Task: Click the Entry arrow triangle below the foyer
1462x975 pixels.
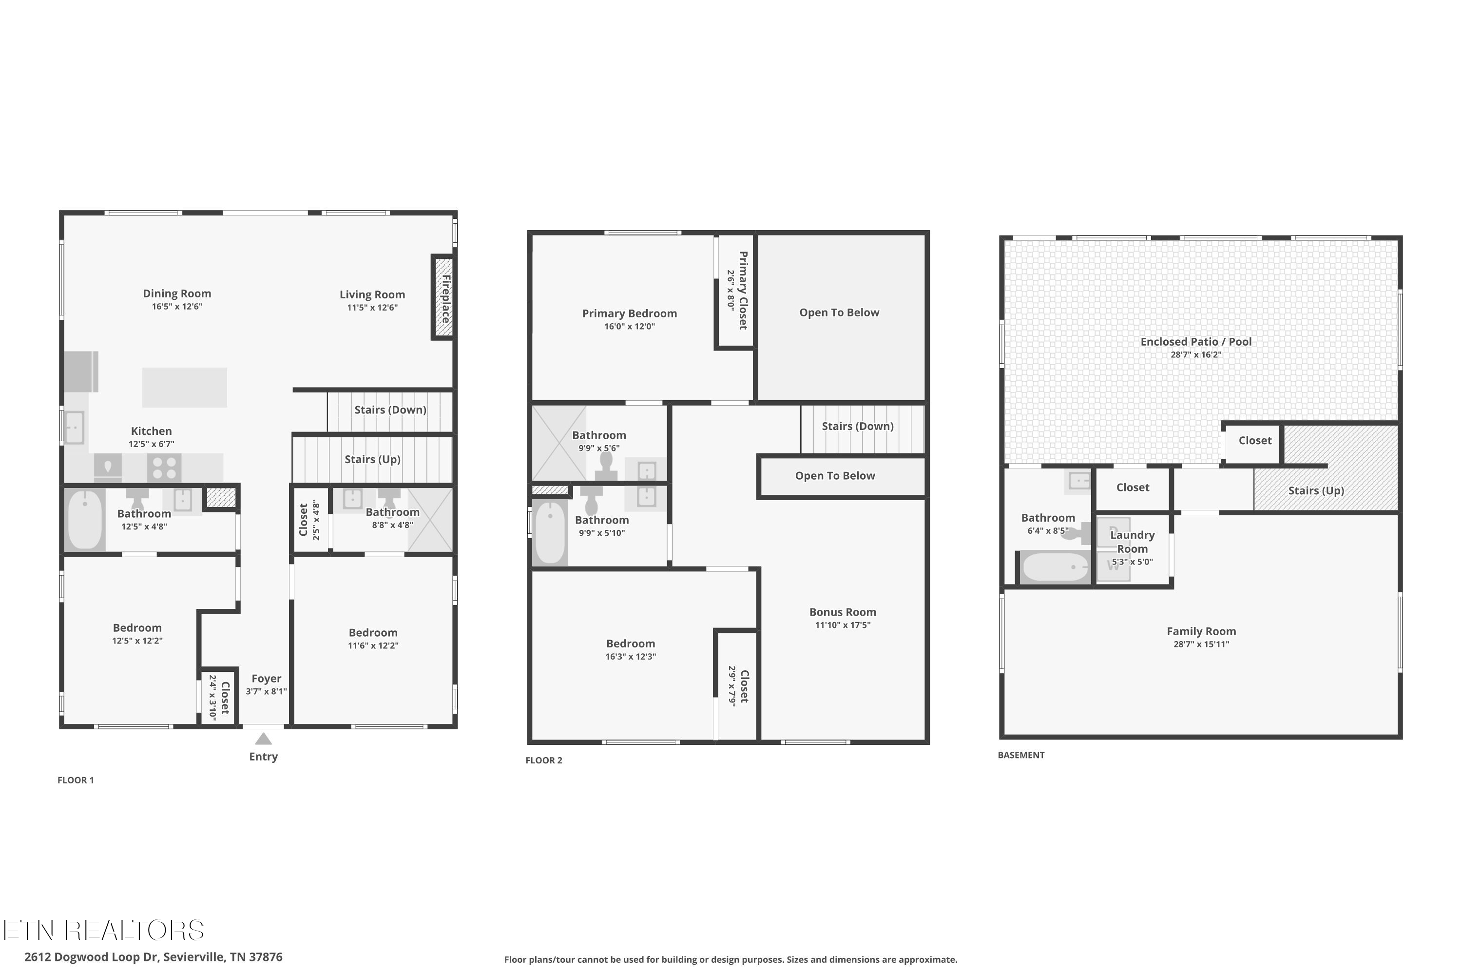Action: (263, 739)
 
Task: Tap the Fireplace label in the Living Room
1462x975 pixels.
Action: (445, 298)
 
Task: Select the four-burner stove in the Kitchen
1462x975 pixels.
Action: (164, 468)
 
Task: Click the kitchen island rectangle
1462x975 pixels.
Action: (184, 388)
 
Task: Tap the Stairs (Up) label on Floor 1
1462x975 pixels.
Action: (372, 459)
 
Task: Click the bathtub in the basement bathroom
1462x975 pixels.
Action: (1055, 567)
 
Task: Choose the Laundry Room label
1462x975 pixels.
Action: (1132, 542)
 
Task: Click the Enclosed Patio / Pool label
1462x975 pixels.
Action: (1195, 341)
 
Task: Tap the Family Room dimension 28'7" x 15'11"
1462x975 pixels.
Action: (1201, 644)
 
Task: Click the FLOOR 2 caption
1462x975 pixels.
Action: (543, 760)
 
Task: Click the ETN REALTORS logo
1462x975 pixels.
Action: (103, 931)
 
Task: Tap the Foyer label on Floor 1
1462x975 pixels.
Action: (266, 679)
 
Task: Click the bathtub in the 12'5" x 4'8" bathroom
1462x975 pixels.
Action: (84, 520)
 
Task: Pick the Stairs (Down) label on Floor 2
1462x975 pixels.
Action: (857, 426)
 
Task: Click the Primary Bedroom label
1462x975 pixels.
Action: (629, 313)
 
